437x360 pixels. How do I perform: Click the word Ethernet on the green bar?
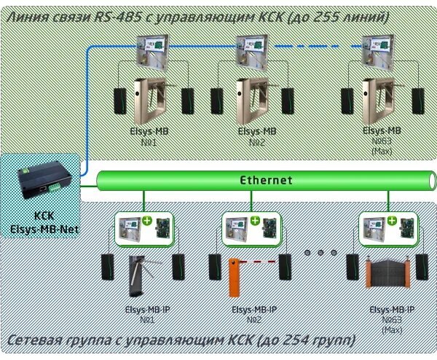click(267, 180)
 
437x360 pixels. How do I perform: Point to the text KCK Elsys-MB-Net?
click(44, 222)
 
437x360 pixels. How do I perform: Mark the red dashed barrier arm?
click(262, 262)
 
